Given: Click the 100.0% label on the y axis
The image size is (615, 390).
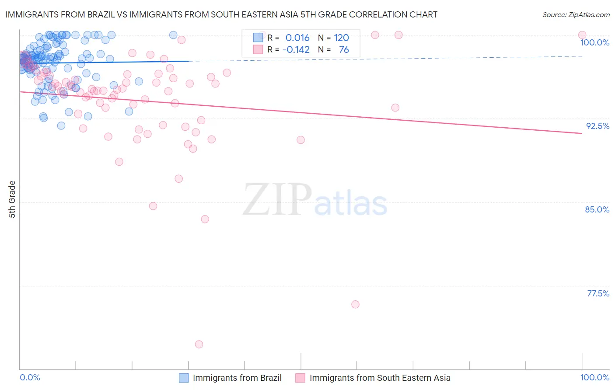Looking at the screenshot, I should pos(594,42).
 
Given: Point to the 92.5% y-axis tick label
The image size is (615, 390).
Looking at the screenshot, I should pos(598,126).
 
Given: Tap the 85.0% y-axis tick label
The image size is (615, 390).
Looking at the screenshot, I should pos(597,209).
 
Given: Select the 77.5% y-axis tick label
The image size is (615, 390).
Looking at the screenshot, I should pos(598,293).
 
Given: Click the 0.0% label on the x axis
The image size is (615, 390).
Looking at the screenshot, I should pos(30,377).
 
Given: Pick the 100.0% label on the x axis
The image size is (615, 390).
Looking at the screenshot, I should pos(594,377).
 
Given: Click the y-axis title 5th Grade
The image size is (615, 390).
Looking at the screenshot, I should pos(12,199).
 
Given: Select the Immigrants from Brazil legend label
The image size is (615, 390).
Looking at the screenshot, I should pos(237,378).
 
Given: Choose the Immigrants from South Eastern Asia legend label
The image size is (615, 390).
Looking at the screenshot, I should pos(380,378).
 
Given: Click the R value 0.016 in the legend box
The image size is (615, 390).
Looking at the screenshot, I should pos(297,38).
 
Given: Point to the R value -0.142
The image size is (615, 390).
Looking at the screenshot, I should pos(296,50).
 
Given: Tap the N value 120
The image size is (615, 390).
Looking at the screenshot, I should pos(341,38).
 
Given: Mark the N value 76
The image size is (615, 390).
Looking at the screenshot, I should pos(344,50).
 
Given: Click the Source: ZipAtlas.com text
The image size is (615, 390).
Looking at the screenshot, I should pos(576,15).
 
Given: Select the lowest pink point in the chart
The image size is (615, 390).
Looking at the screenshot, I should pos(199,344).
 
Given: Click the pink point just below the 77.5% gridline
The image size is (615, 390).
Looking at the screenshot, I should pos(355,304).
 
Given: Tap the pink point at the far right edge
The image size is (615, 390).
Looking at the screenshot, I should pos(582,35).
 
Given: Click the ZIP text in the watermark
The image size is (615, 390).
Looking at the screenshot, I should pos(277,200).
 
